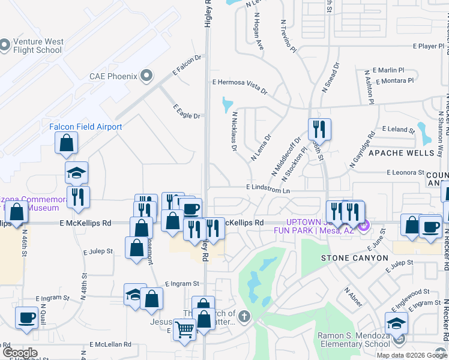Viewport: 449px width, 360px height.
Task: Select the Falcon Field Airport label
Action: point(85,127)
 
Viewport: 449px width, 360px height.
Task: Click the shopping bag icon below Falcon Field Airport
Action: point(66,143)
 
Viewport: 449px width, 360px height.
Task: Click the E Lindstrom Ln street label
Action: point(268,189)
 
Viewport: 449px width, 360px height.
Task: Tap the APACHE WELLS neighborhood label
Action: point(401,153)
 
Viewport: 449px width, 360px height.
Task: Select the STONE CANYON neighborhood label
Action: point(351,258)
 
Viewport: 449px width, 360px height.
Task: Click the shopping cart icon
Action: point(184,329)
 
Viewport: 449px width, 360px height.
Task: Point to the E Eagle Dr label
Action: point(186,112)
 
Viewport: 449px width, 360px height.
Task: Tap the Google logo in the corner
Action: point(20,353)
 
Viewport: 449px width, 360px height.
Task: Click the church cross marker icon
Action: point(244,316)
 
